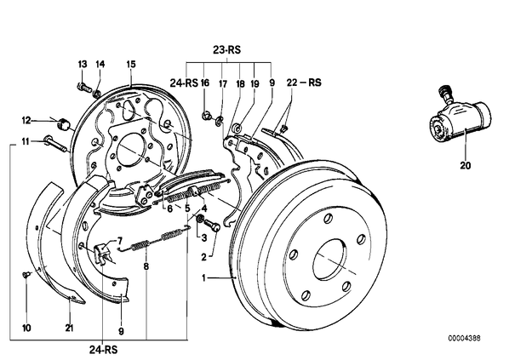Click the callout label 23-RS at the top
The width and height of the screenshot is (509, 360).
pyautogui.click(x=227, y=50)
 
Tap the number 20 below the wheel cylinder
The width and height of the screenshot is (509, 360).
pyautogui.click(x=466, y=165)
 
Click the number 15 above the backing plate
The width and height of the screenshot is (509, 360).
pyautogui.click(x=130, y=64)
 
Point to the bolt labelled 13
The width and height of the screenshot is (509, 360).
pyautogui.click(x=83, y=87)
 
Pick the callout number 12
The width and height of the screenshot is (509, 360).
pyautogui.click(x=26, y=121)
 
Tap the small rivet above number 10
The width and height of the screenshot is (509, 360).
pyautogui.click(x=26, y=275)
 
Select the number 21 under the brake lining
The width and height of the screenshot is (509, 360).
pyautogui.click(x=69, y=329)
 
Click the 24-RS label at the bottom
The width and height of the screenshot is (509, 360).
pyautogui.click(x=103, y=350)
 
